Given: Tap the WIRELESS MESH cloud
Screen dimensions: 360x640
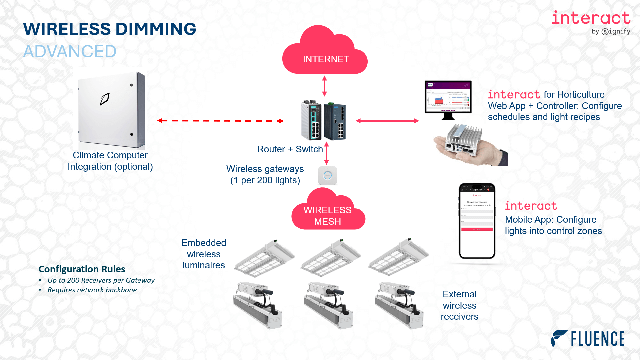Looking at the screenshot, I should point(328,213).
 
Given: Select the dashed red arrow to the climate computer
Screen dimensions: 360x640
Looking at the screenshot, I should point(220,121).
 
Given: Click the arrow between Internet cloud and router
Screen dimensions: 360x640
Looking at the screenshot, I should point(324,86).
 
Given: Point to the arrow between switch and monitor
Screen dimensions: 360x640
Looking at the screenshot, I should point(387,121).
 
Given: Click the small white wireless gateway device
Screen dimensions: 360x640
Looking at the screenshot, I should point(328,175).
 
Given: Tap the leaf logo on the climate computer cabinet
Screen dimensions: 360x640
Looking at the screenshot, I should point(105,99).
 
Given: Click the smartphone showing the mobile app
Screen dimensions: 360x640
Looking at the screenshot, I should point(477,221).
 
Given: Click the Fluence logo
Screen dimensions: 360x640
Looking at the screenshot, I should point(588,339).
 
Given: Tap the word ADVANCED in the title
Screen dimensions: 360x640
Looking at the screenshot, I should point(70,52).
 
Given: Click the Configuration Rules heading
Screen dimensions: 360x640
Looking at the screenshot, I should point(82,269).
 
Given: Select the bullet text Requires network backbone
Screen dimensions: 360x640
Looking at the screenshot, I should point(92,290).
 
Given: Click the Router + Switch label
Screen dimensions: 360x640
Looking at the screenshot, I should point(290,149).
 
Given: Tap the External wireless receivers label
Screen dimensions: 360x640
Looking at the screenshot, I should point(459,305).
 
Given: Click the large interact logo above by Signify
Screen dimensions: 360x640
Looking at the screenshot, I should point(591,18).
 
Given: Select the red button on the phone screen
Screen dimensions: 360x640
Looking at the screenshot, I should point(477,229).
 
